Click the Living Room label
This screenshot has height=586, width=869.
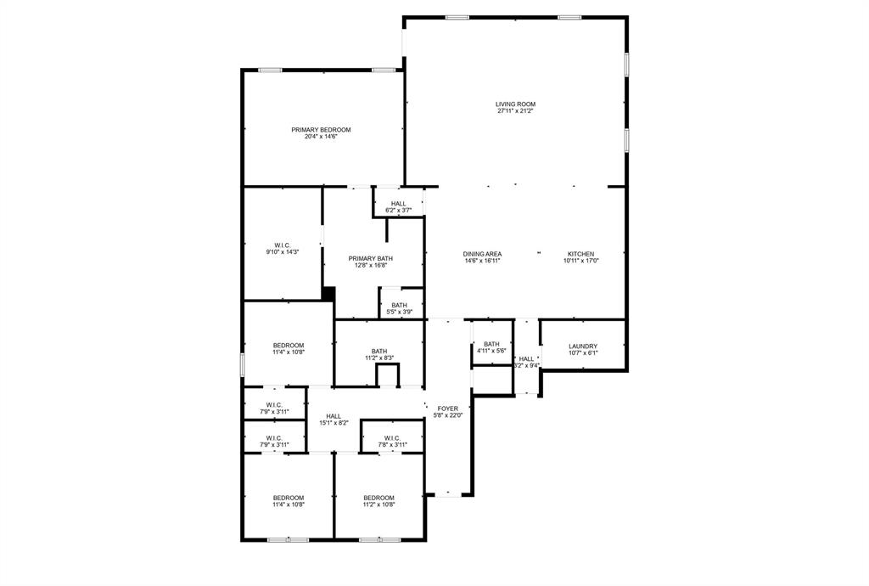pos(515,104)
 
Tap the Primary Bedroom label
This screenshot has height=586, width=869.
pos(321,130)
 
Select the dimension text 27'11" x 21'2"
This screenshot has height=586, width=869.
pos(515,111)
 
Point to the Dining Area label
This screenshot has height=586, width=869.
pos(482,254)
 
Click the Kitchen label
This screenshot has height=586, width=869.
pos(580,254)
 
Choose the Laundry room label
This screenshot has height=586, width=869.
pos(583,347)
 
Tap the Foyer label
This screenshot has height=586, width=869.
pos(448,409)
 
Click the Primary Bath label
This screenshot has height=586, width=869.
pos(371,258)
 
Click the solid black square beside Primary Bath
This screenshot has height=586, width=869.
pos(328,294)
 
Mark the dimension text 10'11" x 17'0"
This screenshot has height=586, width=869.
pos(581,261)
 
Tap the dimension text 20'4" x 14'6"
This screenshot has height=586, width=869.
pos(321,137)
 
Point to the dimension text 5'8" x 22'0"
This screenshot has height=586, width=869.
pos(448,415)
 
